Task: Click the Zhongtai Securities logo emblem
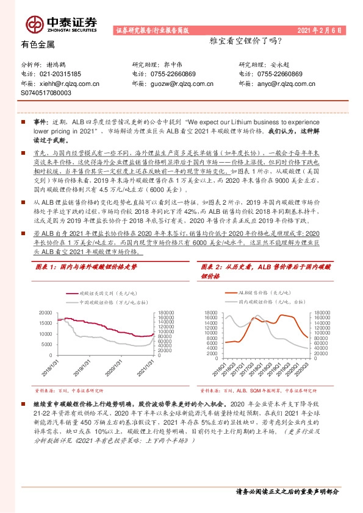click(35, 24)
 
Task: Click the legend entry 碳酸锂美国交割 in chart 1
click(101, 292)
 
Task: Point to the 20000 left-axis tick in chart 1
click(45, 312)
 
